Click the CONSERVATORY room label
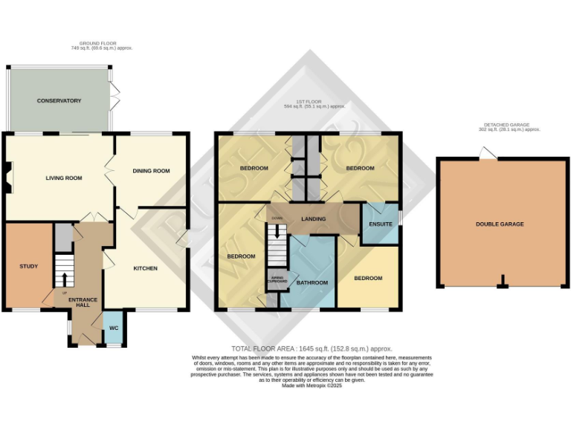[x=59, y=100]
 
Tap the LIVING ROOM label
[x=63, y=178]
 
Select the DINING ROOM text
[x=151, y=171]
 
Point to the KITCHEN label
[x=145, y=268]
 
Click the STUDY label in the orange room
[x=28, y=266]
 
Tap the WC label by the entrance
[x=114, y=328]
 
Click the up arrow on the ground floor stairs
[x=63, y=279]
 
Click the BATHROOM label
[x=312, y=282]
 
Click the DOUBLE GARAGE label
[x=500, y=224]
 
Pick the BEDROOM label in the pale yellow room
[x=368, y=279]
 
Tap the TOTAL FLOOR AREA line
[x=312, y=348]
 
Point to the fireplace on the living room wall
[x=6, y=178]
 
